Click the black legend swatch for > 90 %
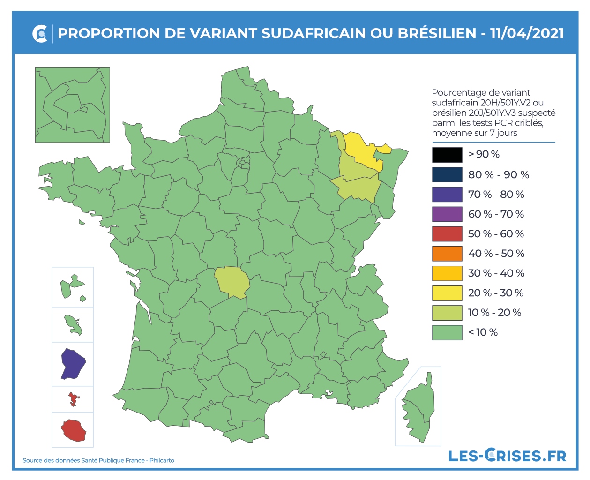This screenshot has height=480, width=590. coord(447,155)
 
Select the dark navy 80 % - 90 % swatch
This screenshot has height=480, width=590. coord(447,174)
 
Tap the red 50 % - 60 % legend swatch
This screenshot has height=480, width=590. coord(447,233)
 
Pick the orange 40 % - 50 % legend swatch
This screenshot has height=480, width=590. coord(447,253)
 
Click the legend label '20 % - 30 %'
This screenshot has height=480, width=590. coord(496,293)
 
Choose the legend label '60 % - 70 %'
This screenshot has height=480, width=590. coord(496,214)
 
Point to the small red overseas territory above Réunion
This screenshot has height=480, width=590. coord(73,399)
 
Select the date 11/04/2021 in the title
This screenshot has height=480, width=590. coord(527,34)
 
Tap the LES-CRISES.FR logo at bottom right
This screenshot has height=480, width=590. coord(507,455)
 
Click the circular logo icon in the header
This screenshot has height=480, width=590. coord(40,34)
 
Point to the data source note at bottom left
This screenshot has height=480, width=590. coord(98,460)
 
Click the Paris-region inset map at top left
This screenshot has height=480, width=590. coord(73,105)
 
